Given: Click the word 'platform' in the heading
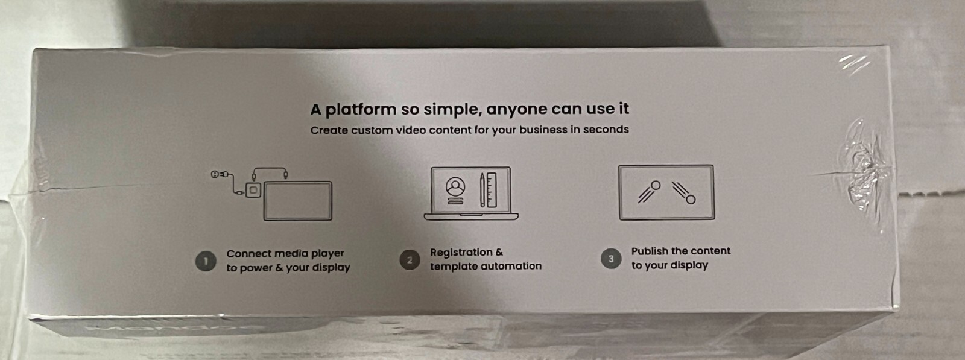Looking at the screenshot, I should pos(361,110).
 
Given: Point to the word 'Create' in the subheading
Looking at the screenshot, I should pos(329,130).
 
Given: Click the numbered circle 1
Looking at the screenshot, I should pos(206,261).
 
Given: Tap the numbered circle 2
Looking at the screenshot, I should pos(410,260).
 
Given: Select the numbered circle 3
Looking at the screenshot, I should pos(611,259).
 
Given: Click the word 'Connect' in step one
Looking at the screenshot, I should pos(248,254).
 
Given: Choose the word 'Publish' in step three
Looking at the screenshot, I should pos(650,251).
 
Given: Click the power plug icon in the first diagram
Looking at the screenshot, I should pos(218,175).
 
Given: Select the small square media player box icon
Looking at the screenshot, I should pos(253,191).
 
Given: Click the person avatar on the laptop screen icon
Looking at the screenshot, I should pos(455,187).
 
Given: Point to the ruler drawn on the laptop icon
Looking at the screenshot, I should pos(492,190).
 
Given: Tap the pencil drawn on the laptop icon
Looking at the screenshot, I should pos(482,190).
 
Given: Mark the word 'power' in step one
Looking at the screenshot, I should pos(256,268).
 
